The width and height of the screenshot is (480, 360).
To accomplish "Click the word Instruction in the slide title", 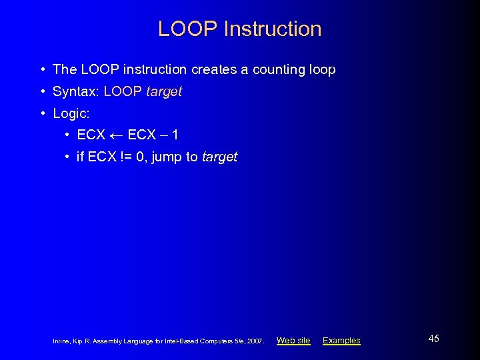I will coord(273,29).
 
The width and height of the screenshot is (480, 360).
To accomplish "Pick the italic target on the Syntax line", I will coord(163,91).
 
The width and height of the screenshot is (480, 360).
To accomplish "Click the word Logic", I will coord(70,113).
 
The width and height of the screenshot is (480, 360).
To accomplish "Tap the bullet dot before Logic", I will coord(43,113).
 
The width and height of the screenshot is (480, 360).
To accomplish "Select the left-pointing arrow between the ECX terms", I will coord(116,135).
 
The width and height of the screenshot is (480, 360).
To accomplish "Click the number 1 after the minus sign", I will coord(175,135).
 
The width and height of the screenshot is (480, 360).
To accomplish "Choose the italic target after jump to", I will coord(219,157).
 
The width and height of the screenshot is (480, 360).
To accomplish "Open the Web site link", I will coord(293,341).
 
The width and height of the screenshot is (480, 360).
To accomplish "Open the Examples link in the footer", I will coord(341,341).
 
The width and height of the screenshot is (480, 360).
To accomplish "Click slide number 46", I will coord(433,339).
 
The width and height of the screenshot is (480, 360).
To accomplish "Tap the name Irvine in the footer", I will coord(61,341).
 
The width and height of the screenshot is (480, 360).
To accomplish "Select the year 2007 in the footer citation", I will coord(255,341).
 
